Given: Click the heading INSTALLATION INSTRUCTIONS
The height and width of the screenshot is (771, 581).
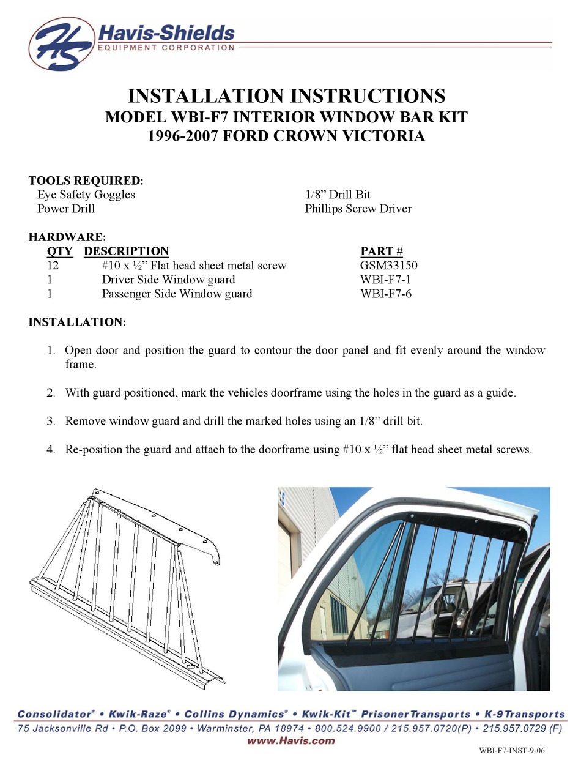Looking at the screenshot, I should pyautogui.click(x=286, y=96).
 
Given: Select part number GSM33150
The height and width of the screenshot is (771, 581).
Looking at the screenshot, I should pyautogui.click(x=389, y=266).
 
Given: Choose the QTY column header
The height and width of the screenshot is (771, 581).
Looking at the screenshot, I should pyautogui.click(x=59, y=251).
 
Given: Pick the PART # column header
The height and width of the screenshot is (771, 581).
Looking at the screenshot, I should pyautogui.click(x=382, y=251).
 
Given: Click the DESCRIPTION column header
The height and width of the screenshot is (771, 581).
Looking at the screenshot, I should pyautogui.click(x=126, y=251).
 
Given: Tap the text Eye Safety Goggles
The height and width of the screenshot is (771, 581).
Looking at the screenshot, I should pyautogui.click(x=86, y=195).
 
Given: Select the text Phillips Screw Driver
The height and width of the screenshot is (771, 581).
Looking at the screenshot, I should pyautogui.click(x=358, y=209).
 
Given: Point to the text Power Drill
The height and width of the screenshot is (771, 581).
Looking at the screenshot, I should pyautogui.click(x=66, y=209).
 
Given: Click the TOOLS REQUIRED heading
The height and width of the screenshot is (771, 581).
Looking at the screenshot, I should pyautogui.click(x=86, y=181).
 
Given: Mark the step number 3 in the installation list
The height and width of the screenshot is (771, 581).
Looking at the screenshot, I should pyautogui.click(x=51, y=422).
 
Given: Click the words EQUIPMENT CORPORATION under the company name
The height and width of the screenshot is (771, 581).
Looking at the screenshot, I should pyautogui.click(x=166, y=47).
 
